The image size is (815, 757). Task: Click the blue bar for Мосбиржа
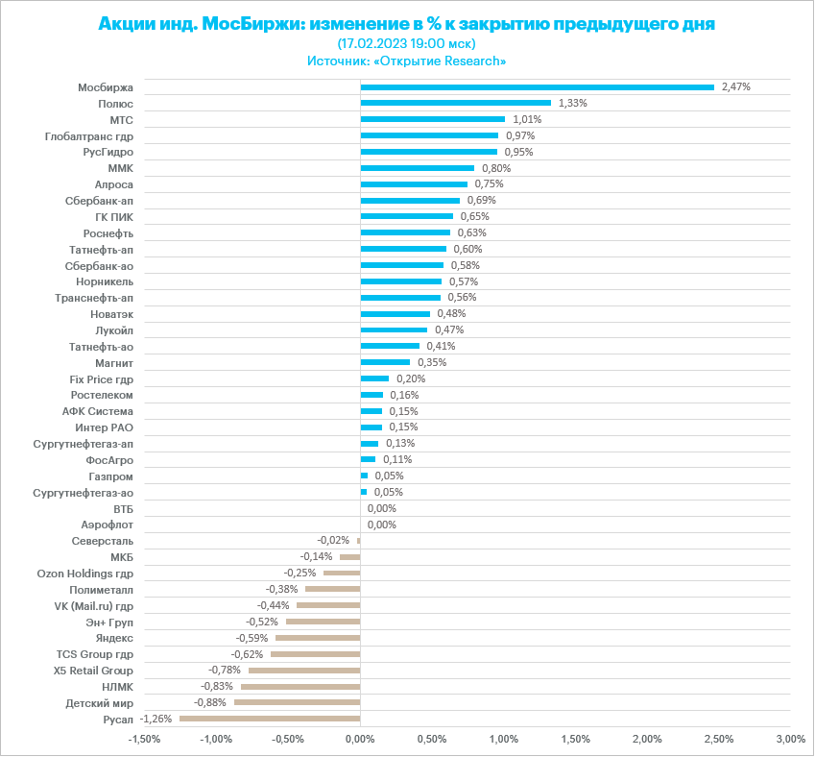point(537,86)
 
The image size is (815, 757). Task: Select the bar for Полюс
point(455,103)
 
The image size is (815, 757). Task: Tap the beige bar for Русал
point(270,719)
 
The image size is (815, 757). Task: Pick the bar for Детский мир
point(297,702)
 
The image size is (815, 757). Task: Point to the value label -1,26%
point(156,719)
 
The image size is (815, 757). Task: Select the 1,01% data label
point(527,119)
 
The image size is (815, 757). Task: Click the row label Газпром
point(110,476)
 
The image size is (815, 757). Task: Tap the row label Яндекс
point(114,638)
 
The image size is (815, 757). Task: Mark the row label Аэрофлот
point(108,525)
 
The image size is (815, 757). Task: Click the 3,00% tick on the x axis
point(790,739)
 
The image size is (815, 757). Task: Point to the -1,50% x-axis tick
point(144,739)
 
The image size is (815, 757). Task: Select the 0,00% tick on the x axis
point(360,739)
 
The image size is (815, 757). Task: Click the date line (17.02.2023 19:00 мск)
point(407,43)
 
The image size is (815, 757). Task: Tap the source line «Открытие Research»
point(407,61)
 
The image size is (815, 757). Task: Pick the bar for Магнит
point(385,362)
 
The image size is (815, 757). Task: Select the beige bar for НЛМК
point(300,686)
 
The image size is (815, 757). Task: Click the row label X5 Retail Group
point(93,670)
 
